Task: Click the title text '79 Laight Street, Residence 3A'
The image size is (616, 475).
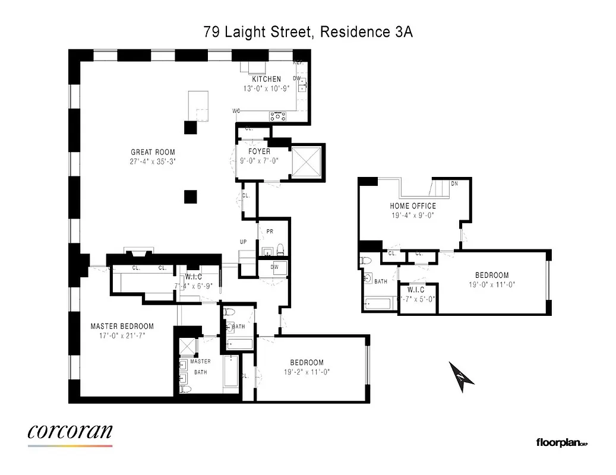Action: point(308,32)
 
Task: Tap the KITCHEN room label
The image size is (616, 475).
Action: point(266,79)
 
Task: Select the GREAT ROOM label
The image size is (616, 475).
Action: point(153,153)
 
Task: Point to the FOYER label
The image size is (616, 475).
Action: point(260,151)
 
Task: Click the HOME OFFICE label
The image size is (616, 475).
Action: point(413,206)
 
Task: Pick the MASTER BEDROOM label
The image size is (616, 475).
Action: point(122,326)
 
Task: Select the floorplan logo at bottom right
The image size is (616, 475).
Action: point(561,442)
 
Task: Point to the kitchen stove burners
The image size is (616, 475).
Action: point(278,115)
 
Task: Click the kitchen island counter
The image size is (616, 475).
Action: point(198,106)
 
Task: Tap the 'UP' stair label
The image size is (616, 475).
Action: point(242,242)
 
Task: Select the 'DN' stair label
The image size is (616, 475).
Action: point(454,184)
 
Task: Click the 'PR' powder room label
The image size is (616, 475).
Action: point(270,232)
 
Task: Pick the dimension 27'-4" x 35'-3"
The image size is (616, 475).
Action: point(153,161)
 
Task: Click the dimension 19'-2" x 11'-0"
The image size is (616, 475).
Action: point(307,372)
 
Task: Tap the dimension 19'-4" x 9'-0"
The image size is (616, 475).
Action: point(413,216)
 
